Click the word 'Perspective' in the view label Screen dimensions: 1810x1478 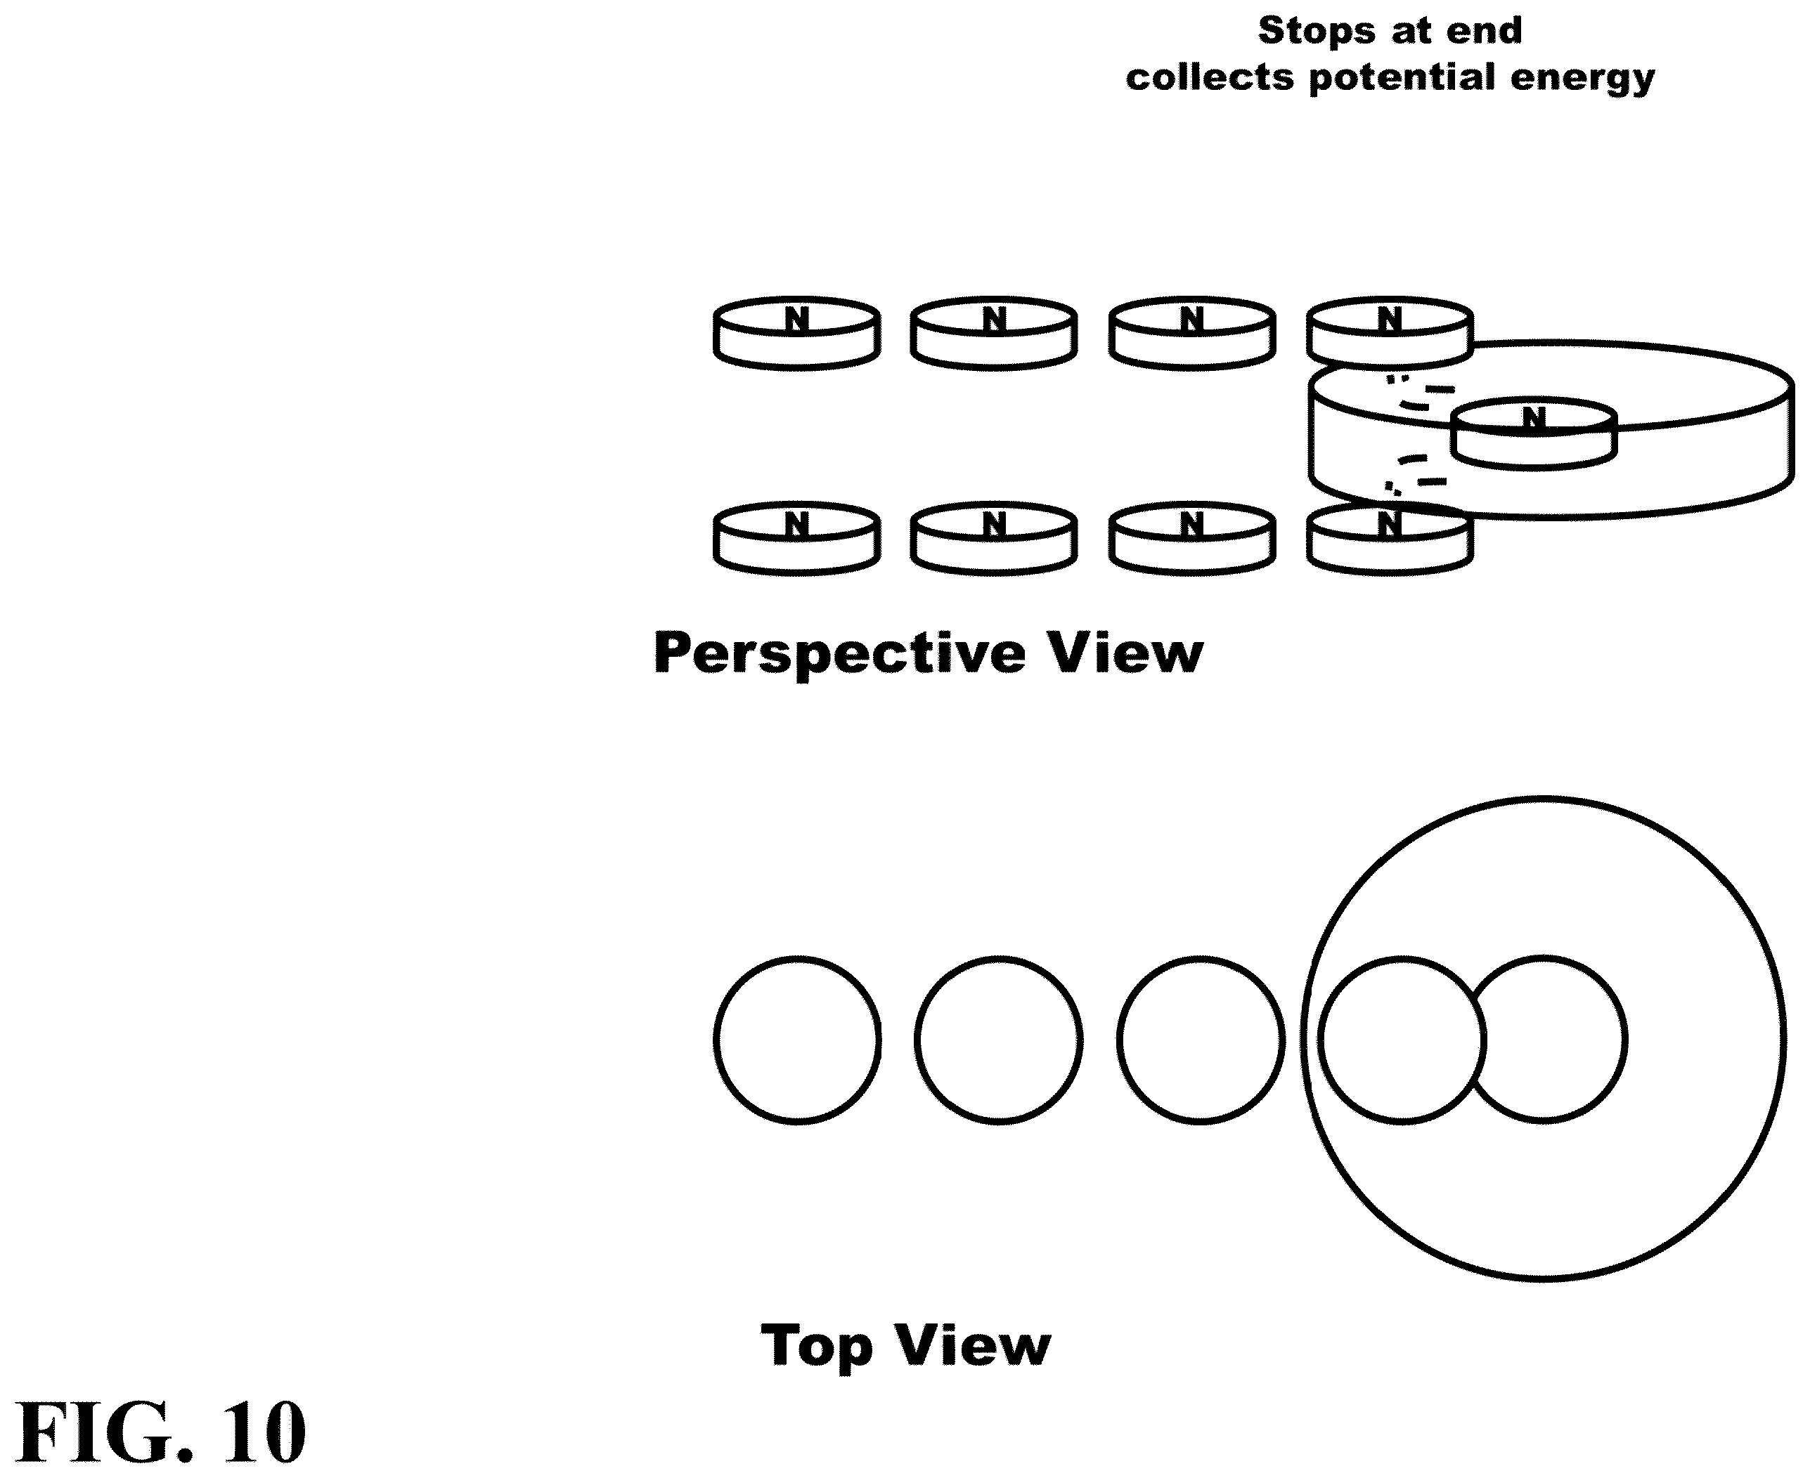coord(840,655)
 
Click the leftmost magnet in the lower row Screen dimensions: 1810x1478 coord(796,538)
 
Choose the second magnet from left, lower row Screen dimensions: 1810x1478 coord(994,538)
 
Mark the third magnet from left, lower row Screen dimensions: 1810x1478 coord(1191,538)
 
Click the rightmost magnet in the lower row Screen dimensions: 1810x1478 coord(1389,539)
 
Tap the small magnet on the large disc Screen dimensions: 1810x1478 coord(1533,433)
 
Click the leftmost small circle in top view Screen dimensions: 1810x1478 coord(716,1040)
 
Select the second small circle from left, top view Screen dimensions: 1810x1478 coord(917,1040)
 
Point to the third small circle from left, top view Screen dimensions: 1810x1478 coord(1118,1040)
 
